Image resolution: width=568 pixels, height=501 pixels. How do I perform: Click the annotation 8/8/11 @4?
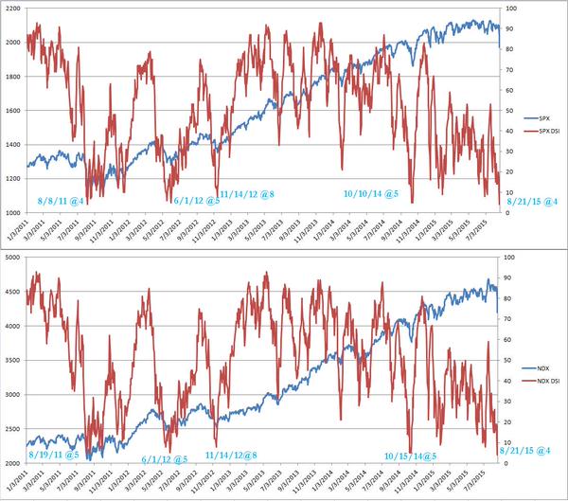[x=61, y=201]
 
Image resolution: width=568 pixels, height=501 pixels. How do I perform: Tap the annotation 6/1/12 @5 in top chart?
[x=197, y=201]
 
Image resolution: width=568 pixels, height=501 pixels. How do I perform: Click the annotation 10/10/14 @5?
[x=370, y=193]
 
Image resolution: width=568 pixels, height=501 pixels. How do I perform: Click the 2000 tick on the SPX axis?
[x=14, y=42]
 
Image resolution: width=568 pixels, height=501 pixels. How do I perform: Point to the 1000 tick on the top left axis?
[x=14, y=213]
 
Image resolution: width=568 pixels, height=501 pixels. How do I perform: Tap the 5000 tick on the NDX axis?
[x=14, y=257]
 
